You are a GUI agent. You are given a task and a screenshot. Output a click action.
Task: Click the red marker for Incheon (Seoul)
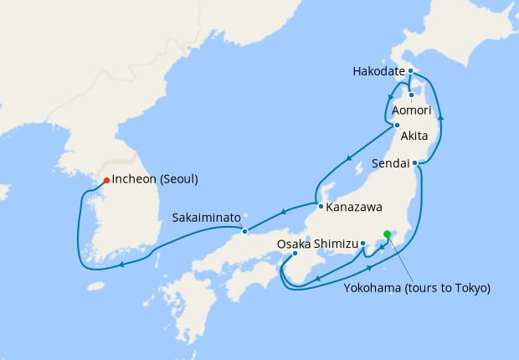(x=106, y=180)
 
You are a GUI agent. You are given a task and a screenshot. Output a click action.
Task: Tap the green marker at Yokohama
(x=387, y=234)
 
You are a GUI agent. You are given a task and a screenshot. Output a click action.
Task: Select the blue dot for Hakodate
(x=411, y=72)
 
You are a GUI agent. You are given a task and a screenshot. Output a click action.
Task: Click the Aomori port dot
(x=411, y=95)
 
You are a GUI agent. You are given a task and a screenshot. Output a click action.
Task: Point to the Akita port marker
(x=397, y=126)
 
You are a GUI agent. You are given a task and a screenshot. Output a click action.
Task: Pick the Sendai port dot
(x=415, y=163)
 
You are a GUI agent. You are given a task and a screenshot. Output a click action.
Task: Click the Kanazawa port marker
(x=320, y=205)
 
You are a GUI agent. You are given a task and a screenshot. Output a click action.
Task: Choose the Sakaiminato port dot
(x=244, y=231)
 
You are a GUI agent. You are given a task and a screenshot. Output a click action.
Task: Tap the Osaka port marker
(x=295, y=254)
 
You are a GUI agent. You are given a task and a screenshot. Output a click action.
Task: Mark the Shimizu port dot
(x=363, y=244)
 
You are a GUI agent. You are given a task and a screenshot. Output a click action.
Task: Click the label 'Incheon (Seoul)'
(x=157, y=180)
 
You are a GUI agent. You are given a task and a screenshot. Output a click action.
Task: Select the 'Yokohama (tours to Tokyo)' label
(x=417, y=287)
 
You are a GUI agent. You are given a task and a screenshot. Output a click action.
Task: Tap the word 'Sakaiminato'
(x=207, y=217)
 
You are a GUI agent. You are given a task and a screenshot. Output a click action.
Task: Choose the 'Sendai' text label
(x=390, y=164)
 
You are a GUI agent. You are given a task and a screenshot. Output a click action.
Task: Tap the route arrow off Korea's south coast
(x=122, y=265)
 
